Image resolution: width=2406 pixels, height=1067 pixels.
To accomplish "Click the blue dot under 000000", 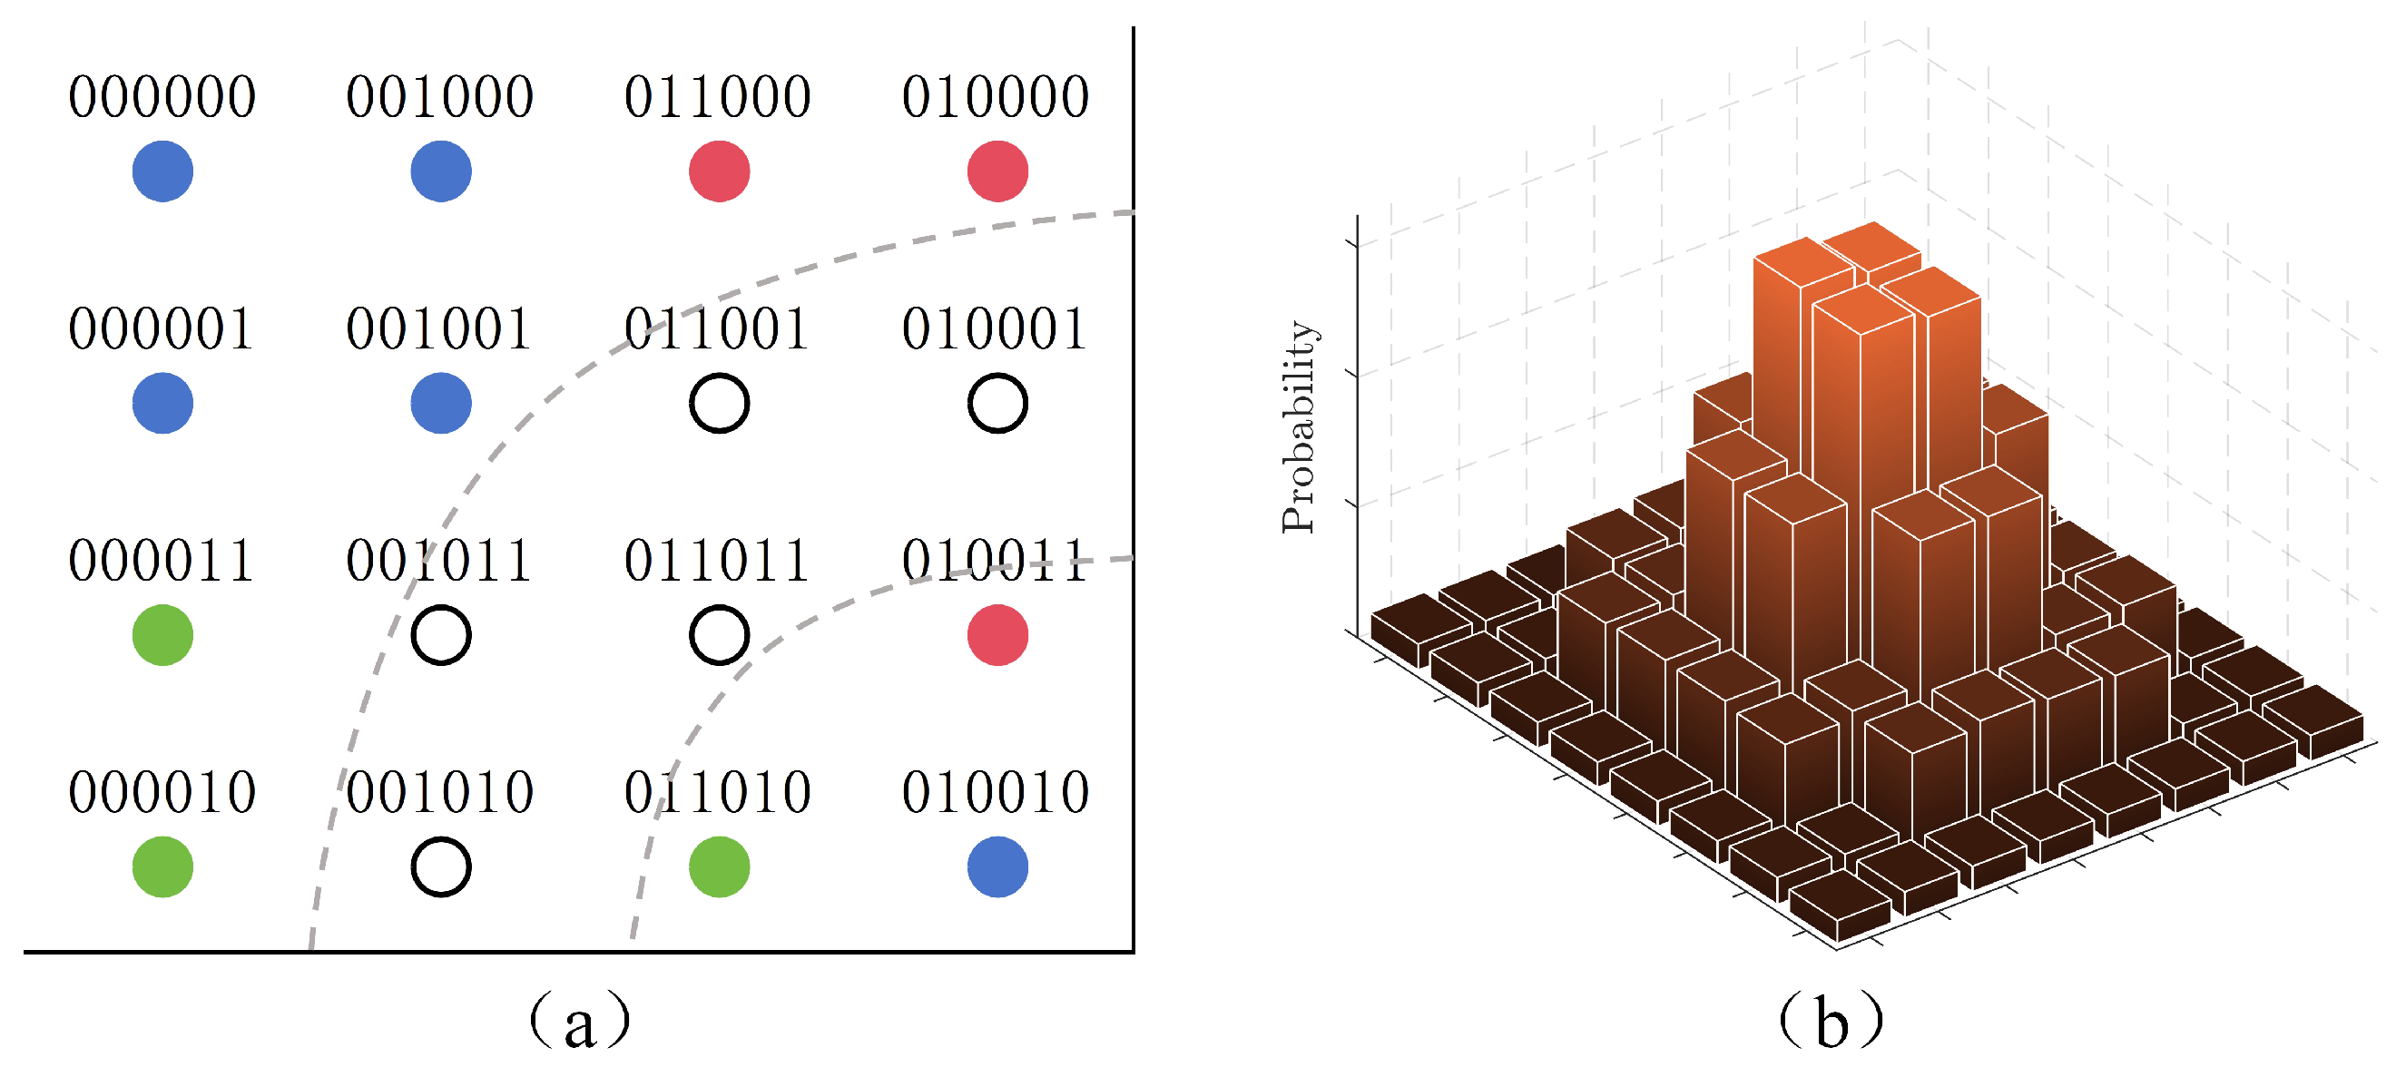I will [162, 171].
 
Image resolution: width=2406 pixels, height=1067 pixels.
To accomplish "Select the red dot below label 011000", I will [719, 171].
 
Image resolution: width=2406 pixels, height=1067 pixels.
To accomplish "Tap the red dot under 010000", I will [997, 171].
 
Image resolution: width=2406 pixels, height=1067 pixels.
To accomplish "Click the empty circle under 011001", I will [719, 403].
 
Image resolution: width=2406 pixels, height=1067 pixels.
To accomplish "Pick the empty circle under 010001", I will [997, 403].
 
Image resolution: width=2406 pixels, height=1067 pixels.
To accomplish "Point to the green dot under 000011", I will [162, 635].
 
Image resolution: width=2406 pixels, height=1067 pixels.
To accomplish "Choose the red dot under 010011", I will [997, 635].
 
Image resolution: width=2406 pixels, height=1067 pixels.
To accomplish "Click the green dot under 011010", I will [719, 866].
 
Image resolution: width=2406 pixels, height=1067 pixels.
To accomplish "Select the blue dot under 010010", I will [997, 866].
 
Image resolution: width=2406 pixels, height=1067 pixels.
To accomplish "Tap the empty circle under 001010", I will [441, 866].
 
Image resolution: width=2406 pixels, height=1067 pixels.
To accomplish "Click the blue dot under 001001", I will [441, 403].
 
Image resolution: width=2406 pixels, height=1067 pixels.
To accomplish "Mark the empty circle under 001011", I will [441, 635].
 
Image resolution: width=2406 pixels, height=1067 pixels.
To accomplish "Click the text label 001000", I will [440, 97].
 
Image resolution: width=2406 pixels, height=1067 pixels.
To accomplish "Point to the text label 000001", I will [162, 328].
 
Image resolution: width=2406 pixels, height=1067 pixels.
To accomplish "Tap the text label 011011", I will [717, 561].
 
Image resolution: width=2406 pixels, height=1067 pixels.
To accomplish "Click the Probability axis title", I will [1299, 426].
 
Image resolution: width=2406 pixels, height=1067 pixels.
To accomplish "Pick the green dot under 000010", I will [162, 866].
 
